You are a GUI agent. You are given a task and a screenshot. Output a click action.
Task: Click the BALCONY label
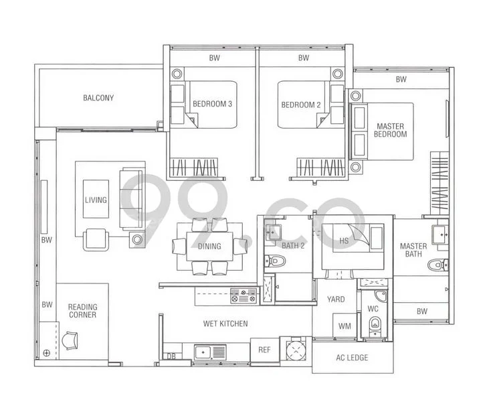tap(98, 98)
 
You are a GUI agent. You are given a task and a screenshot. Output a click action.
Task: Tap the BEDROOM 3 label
tap(212, 105)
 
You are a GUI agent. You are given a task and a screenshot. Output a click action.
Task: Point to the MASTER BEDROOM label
tap(391, 130)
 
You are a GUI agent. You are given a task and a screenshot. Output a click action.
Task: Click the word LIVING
tap(96, 200)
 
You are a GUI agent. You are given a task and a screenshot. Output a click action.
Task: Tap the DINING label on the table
tap(210, 247)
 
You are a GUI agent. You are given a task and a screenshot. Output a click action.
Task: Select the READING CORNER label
tap(82, 310)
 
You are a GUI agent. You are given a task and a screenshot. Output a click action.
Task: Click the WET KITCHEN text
tap(225, 324)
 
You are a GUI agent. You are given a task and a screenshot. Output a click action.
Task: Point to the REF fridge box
tap(264, 350)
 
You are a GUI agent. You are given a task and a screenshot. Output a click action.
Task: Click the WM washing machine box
tap(345, 326)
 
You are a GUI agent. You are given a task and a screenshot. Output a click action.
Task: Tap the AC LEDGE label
tap(352, 358)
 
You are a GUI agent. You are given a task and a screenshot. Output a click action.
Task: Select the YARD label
tap(336, 299)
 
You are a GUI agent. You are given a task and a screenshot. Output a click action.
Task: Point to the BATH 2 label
tap(293, 245)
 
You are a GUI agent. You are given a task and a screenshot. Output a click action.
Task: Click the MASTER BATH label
tap(413, 251)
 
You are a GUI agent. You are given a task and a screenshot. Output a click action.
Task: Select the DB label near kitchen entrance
tap(171, 356)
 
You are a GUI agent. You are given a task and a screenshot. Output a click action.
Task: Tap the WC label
tap(373, 310)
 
